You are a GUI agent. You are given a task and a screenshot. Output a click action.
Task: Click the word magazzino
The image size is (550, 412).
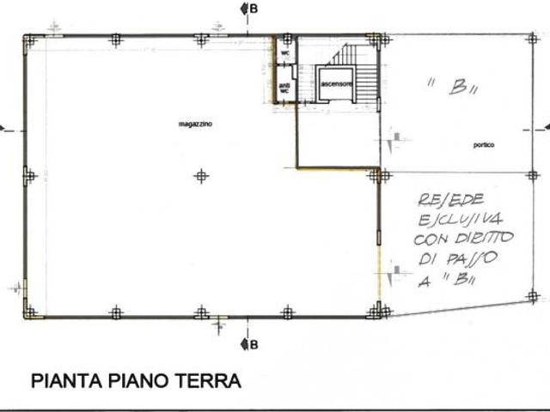click(195, 124)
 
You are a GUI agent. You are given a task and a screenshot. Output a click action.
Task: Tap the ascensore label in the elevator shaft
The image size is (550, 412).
click(333, 84)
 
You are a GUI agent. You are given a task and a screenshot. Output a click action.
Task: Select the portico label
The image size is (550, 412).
click(484, 144)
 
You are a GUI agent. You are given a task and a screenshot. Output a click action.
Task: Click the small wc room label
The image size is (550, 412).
click(284, 53)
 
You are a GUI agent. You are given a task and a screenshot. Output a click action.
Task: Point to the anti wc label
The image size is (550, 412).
click(284, 88)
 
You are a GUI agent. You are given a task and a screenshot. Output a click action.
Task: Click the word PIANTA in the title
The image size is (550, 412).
click(67, 380)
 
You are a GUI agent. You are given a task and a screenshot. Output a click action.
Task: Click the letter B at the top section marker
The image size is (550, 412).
click(254, 8)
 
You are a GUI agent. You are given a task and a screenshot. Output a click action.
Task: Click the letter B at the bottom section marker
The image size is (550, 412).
click(254, 345)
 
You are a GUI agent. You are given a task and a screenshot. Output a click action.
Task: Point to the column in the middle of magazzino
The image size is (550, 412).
click(201, 176)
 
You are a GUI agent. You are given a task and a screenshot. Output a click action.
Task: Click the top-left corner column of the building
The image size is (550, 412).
click(30, 39)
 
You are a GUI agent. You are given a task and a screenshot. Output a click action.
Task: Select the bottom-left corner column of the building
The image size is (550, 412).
click(30, 312)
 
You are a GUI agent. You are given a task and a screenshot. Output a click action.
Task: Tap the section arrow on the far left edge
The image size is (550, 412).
click(3, 129)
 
